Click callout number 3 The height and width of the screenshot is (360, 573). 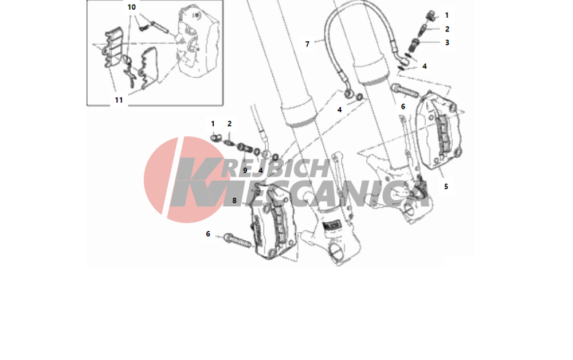coord(446,42)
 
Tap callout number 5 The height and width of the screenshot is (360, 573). coord(446,186)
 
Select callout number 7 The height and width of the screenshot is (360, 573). coord(307,44)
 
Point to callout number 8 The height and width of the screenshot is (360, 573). coord(234,200)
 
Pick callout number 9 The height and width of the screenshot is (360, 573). coord(245,170)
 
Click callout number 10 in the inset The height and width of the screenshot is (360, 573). coord(132,7)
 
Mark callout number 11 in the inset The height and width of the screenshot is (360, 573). coord(119,100)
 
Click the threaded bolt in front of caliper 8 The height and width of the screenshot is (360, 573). coord(237,240)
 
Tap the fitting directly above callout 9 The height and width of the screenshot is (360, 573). coord(244,148)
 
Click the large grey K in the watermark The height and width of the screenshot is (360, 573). coord(195,182)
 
